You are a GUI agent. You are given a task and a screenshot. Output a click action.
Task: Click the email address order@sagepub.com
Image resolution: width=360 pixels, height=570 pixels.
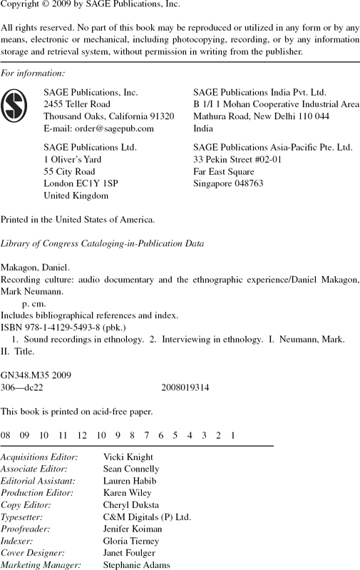98,128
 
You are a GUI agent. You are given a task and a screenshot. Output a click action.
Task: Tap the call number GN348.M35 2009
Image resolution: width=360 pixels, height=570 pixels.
36,375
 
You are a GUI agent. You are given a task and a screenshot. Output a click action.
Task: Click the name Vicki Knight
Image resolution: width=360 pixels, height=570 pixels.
128,457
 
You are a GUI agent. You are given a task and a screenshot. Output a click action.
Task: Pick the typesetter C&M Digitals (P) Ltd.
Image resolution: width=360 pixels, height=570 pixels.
147,516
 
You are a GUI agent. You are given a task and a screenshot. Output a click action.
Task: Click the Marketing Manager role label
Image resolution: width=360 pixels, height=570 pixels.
41,564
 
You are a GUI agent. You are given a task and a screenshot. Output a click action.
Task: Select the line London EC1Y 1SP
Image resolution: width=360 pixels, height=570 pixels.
81,183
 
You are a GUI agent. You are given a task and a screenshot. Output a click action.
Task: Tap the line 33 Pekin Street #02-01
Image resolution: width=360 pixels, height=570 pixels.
237,159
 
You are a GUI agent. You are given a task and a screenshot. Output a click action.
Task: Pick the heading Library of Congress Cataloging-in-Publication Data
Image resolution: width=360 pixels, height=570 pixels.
103,243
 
